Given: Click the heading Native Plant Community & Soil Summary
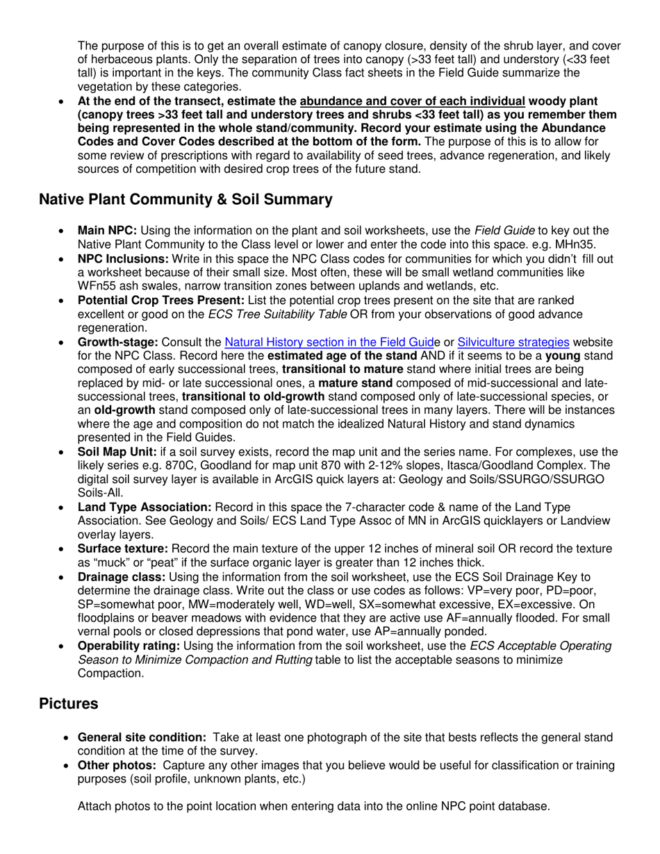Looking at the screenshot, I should point(185,200).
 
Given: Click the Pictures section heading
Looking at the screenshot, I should point(68,704).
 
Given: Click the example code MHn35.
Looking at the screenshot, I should point(588,244).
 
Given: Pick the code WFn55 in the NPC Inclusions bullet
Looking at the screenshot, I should point(97,286).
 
